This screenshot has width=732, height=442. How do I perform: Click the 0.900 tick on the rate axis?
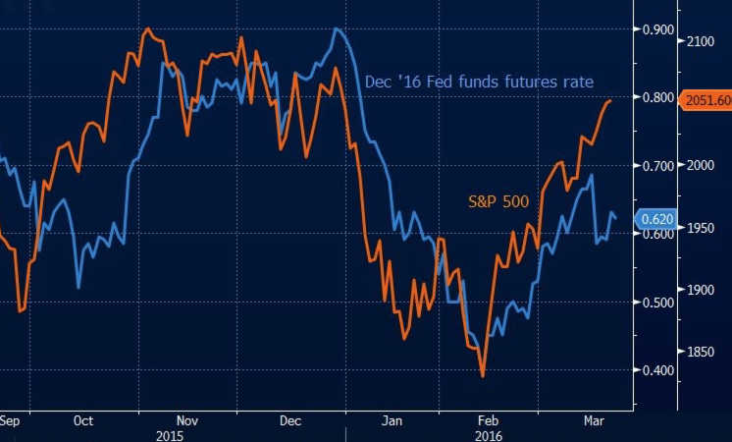[x=657, y=29]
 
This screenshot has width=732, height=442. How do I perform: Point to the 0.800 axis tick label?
[x=657, y=98]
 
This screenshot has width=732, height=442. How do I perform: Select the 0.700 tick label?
[x=657, y=166]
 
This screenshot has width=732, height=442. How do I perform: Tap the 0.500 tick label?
[x=657, y=302]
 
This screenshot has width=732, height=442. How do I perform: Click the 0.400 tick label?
[x=657, y=370]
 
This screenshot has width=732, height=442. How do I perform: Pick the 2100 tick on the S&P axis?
[x=703, y=41]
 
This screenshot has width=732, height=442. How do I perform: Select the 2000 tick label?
[x=703, y=165]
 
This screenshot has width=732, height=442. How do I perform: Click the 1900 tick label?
[x=703, y=290]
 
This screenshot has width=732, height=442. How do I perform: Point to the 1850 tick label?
[x=703, y=352]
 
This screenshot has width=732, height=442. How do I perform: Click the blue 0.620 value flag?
[x=656, y=220]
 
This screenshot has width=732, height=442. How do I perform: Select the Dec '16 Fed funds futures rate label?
[x=479, y=83]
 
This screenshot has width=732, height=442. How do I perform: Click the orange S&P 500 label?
[x=497, y=202]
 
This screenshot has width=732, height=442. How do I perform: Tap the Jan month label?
[x=392, y=420]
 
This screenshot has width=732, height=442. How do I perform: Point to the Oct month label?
[x=82, y=420]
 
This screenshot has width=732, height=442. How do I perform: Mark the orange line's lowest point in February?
[x=483, y=375]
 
